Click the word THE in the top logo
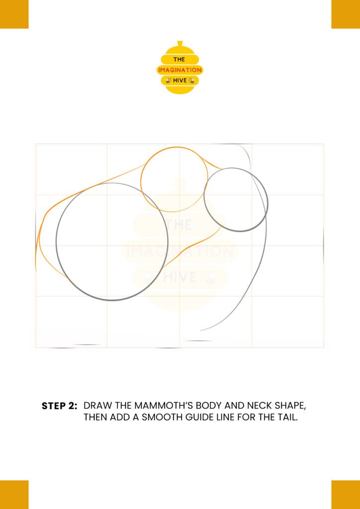(x=179, y=60)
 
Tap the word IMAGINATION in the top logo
(x=180, y=70)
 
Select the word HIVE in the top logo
(x=180, y=81)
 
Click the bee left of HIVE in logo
(x=169, y=81)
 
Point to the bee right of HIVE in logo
(x=192, y=81)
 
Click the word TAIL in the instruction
(x=288, y=418)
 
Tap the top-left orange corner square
(x=14, y=14)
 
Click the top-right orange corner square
(x=346, y=14)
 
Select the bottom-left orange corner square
(x=14, y=495)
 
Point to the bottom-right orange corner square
(x=346, y=495)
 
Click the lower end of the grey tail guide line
(x=200, y=331)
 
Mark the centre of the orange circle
(x=174, y=179)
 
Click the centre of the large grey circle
(x=112, y=242)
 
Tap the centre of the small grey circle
(x=236, y=200)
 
